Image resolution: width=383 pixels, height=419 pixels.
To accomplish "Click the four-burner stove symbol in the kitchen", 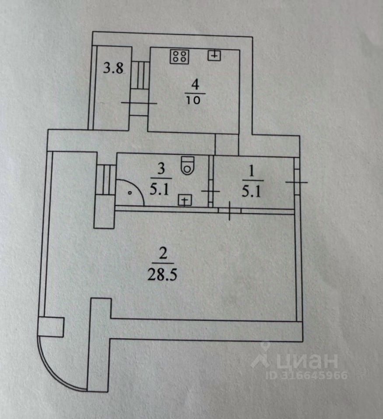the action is [x=180, y=56].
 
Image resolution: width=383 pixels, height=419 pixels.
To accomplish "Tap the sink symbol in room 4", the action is [x=214, y=55].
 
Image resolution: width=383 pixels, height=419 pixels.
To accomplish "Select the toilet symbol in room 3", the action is [x=188, y=165].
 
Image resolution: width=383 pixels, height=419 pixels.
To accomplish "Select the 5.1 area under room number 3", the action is [x=161, y=190].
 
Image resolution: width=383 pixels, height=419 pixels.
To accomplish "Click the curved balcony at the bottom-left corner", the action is [x=61, y=362].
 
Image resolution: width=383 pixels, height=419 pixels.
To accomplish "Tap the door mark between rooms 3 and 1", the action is [x=210, y=191].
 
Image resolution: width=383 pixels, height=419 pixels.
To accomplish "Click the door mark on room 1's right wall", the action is [x=297, y=182].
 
